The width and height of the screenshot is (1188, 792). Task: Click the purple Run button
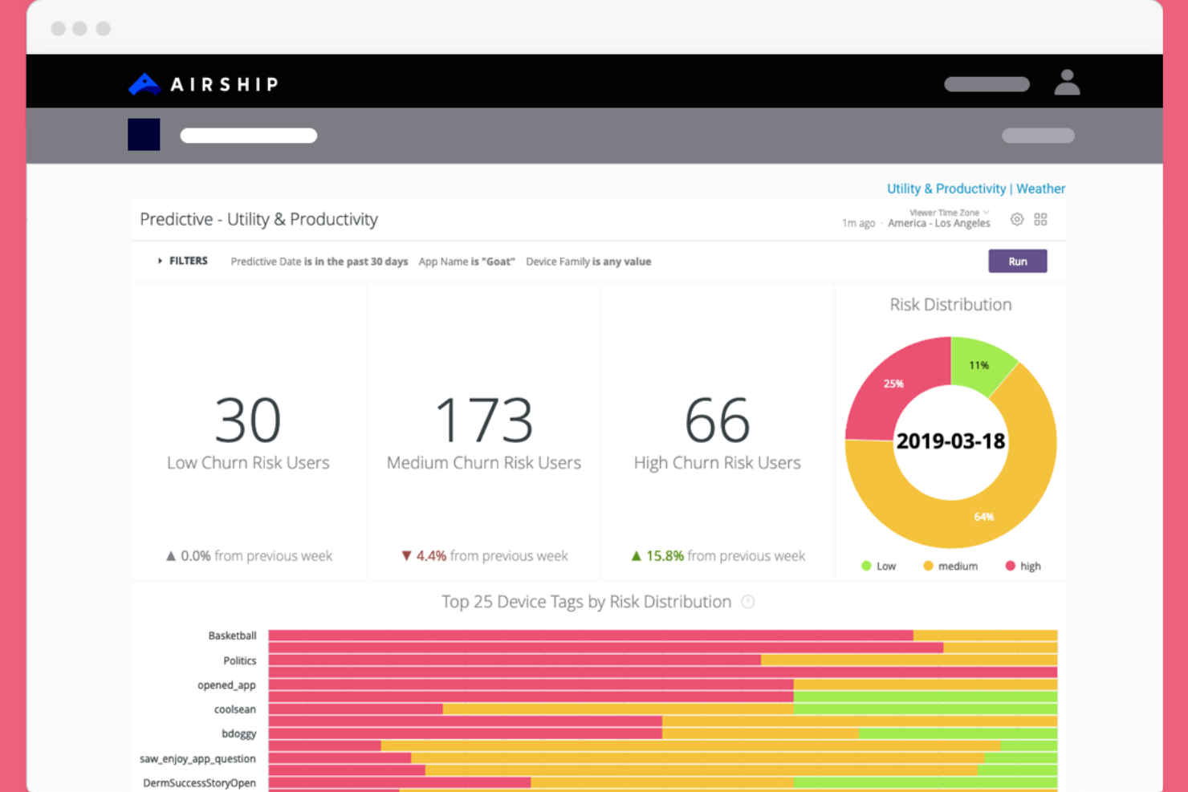(x=1017, y=262)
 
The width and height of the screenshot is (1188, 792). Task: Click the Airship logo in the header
(x=203, y=83)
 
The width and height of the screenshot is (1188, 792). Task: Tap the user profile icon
(x=1067, y=83)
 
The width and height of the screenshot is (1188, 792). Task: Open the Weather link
(x=1040, y=189)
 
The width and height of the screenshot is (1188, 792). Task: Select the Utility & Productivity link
(x=946, y=189)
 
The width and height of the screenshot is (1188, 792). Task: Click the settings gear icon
(x=1017, y=219)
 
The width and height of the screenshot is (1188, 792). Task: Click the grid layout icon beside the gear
(x=1040, y=219)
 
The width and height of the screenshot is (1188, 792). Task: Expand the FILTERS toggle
(x=183, y=261)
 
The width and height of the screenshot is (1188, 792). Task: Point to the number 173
(x=483, y=420)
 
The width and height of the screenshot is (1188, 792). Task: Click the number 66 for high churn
(x=717, y=420)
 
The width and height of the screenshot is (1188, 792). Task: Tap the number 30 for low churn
(x=248, y=420)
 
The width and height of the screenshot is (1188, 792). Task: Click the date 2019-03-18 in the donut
(x=950, y=441)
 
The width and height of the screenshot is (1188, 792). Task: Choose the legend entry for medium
(x=951, y=566)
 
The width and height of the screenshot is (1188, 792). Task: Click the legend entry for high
(x=1023, y=566)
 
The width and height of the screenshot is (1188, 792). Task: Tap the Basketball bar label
(x=232, y=636)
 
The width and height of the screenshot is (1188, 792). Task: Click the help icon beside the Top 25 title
(x=747, y=602)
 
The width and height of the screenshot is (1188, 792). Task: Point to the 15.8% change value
(x=665, y=555)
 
